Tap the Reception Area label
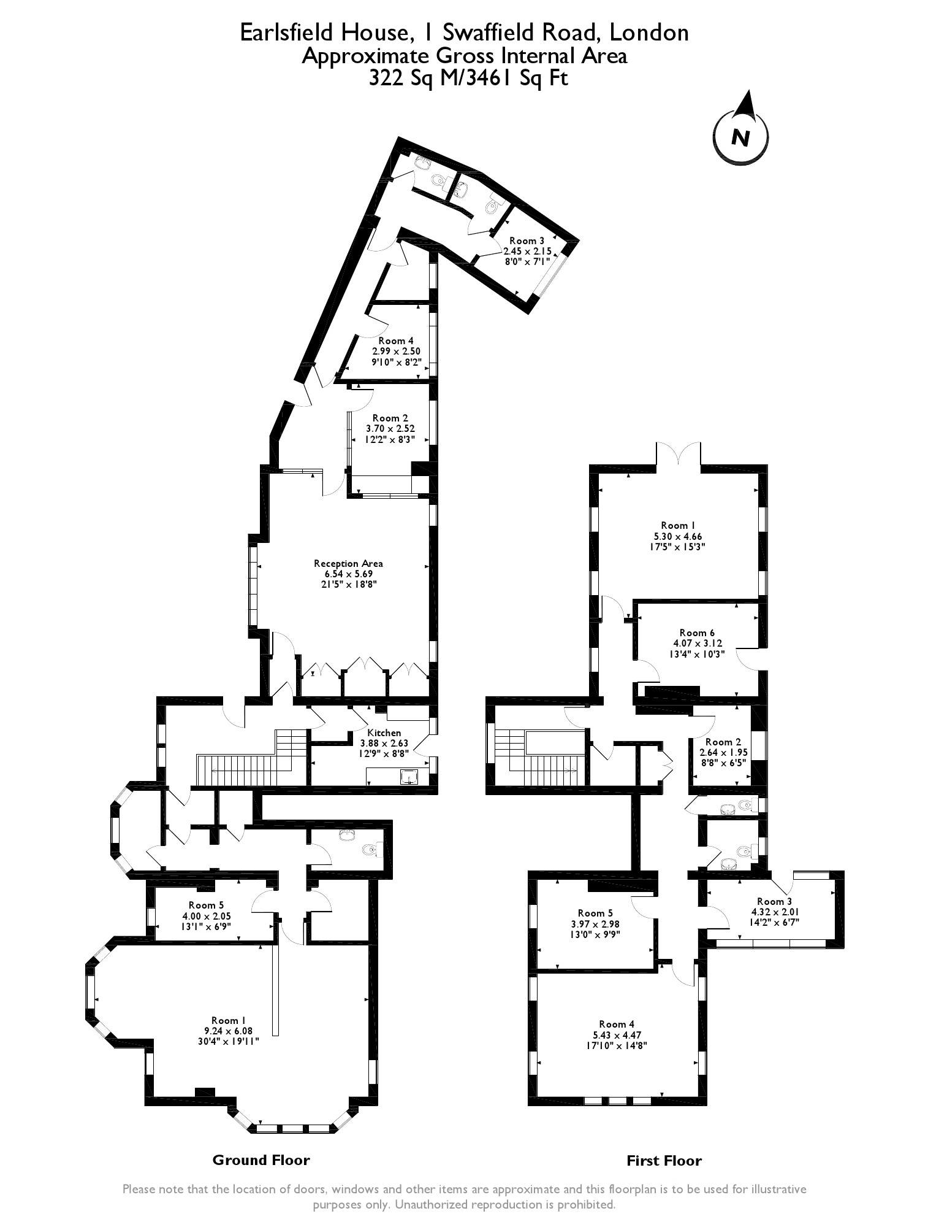tap(348, 563)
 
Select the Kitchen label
tap(384, 733)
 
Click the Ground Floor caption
tap(261, 1160)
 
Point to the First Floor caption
tap(664, 1161)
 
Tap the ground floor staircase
tap(251, 758)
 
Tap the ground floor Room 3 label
tap(527, 240)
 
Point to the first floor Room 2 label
tap(719, 742)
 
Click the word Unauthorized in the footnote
tap(433, 1204)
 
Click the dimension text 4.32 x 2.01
tap(770, 912)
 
